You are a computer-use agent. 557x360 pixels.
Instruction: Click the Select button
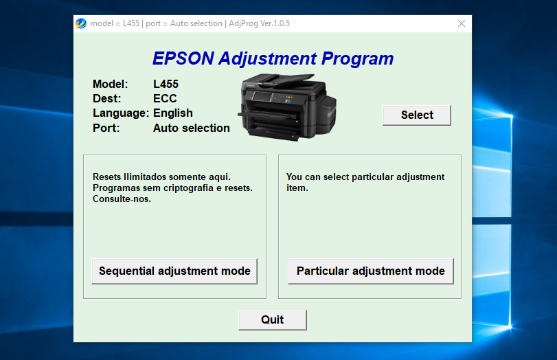[416, 115]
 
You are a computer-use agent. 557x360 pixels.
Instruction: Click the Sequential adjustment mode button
[174, 271]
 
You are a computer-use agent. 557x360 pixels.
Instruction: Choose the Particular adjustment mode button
[370, 271]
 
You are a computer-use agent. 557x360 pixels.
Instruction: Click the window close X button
[462, 23]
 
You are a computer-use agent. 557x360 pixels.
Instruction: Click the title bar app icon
[81, 23]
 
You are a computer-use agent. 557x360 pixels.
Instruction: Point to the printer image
[287, 106]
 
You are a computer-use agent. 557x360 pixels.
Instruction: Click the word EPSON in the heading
[183, 58]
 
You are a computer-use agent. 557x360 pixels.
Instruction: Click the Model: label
[111, 85]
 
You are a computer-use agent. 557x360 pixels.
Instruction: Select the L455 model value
[166, 85]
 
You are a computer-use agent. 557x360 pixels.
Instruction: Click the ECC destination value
[165, 99]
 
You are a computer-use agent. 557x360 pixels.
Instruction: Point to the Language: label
[120, 113]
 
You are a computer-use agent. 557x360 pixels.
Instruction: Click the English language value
[172, 113]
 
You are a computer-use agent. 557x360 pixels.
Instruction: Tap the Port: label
[106, 128]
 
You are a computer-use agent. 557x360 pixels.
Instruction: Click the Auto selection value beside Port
[191, 128]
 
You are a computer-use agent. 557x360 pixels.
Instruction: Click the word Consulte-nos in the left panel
[122, 199]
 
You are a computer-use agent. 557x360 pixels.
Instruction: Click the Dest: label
[106, 99]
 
